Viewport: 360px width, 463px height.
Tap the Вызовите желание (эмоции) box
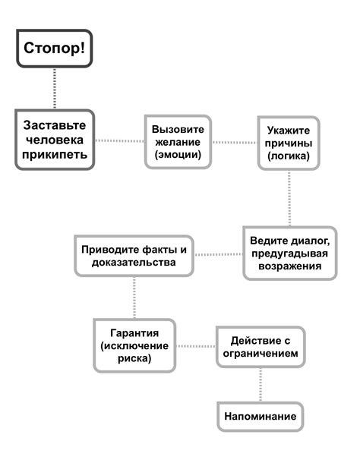click(178, 141)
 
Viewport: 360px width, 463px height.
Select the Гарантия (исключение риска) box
click(134, 346)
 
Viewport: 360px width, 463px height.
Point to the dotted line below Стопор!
click(53, 89)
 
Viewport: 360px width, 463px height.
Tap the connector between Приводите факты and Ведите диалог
click(220, 254)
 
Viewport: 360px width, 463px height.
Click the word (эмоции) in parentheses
click(178, 155)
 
